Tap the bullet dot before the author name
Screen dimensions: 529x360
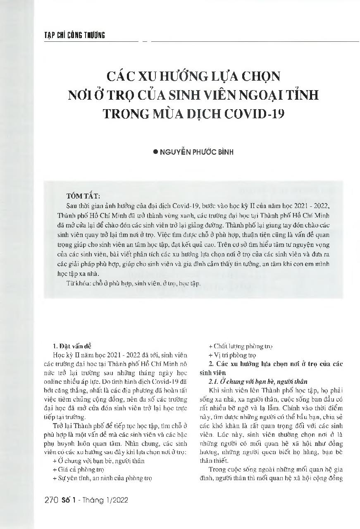(x=155, y=152)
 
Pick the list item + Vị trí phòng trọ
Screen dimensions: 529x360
(x=232, y=355)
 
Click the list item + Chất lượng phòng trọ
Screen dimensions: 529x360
(x=240, y=346)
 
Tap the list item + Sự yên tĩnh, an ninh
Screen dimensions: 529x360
(x=103, y=478)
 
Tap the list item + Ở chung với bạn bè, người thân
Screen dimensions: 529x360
(x=99, y=461)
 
